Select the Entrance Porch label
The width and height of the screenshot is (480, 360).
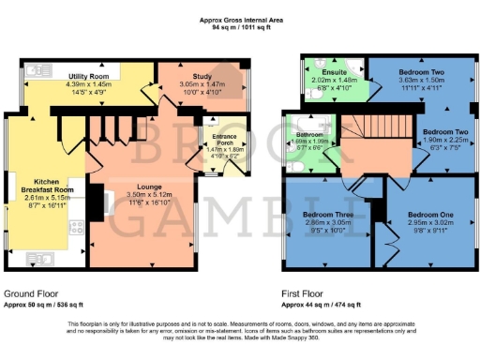224,135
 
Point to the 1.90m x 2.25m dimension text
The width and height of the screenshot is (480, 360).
442,140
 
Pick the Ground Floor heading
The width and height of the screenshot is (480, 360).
31,293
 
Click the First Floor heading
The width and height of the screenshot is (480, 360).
305,293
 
